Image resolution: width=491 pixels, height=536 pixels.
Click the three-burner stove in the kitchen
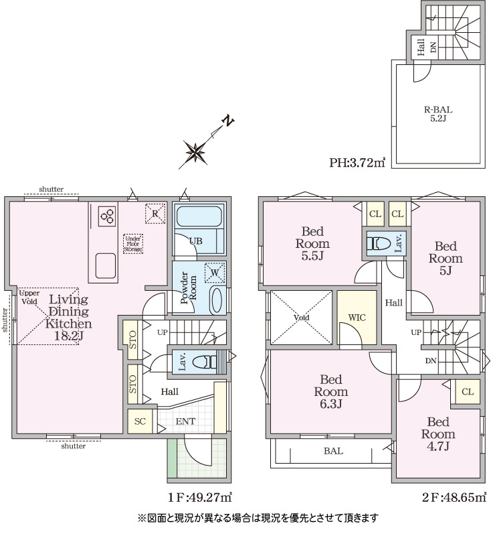point(107,216)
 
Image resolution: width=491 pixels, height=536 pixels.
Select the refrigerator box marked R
point(155,214)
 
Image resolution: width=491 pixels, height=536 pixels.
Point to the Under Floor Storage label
point(132,244)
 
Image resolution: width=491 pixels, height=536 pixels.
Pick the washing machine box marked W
point(215,273)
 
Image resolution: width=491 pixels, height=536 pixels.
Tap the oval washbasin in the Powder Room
point(216,300)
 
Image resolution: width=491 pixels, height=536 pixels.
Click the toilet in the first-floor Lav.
point(205,362)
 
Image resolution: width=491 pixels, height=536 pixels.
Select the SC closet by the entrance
point(140,421)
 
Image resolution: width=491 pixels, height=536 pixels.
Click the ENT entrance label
point(185,421)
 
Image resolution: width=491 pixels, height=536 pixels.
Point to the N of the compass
point(228,121)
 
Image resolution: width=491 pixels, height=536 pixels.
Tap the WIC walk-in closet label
point(357,318)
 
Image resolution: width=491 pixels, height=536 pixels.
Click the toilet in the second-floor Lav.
point(379,243)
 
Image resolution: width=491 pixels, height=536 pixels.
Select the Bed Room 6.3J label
point(331,391)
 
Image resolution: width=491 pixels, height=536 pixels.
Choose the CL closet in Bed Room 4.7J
point(468,392)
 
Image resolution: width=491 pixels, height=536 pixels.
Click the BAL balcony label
point(333,451)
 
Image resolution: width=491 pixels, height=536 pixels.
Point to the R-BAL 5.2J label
point(438,114)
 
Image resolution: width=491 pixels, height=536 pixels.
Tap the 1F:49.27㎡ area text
point(199,497)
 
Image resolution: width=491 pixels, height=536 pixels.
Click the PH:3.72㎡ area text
point(357,162)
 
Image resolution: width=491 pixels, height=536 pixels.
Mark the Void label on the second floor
point(301,318)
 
